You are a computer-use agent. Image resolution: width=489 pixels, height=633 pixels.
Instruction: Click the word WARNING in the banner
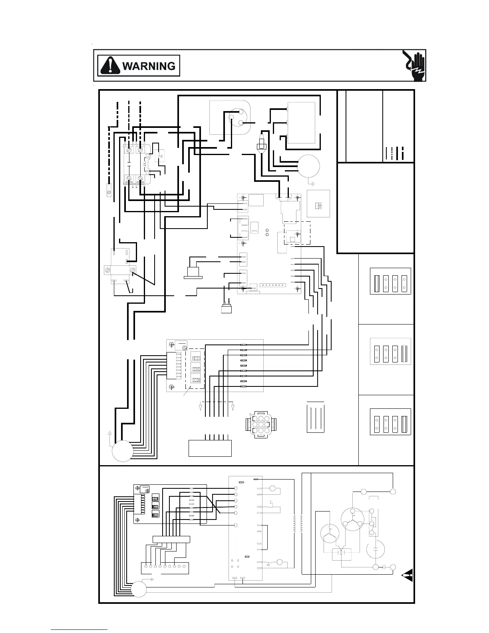tap(149, 66)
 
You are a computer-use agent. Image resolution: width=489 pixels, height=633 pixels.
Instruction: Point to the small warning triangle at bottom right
tap(408, 577)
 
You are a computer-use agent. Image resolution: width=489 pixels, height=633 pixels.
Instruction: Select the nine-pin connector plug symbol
tap(260, 423)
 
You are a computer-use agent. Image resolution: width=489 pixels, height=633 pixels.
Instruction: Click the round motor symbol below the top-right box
tap(308, 166)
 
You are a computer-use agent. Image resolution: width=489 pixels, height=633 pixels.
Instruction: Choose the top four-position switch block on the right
tap(390, 281)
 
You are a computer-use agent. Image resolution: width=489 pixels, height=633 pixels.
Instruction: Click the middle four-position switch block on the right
tap(390, 351)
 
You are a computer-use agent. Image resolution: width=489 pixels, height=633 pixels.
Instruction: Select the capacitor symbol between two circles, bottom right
tap(384, 567)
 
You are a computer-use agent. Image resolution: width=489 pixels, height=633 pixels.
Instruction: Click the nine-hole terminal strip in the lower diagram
tap(164, 566)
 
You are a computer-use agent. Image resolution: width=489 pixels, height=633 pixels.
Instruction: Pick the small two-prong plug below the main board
tap(227, 307)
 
